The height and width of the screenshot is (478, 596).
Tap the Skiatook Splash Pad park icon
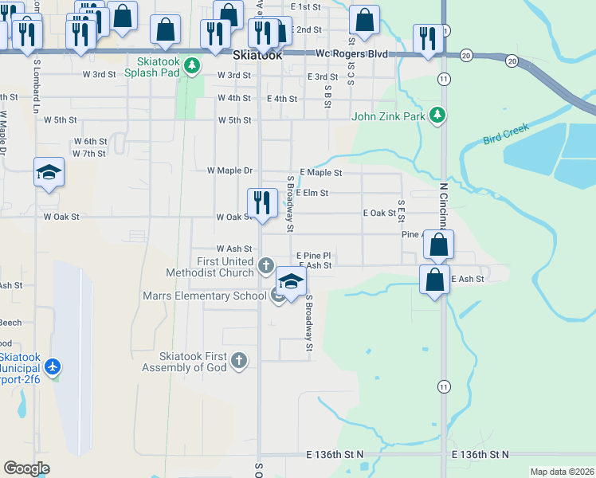[x=191, y=65]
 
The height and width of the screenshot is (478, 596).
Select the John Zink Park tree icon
[x=437, y=116]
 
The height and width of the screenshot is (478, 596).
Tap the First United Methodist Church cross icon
[x=266, y=264]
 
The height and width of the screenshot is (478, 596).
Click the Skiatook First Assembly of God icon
[x=237, y=361]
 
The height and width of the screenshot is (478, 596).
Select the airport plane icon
[x=53, y=367]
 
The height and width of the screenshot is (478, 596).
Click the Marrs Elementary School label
[x=204, y=296]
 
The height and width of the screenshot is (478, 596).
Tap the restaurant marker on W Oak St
[x=262, y=203]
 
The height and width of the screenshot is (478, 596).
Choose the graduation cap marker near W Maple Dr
[x=49, y=171]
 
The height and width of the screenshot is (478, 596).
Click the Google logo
[x=26, y=468]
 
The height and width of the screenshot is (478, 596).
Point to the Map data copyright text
[x=562, y=472]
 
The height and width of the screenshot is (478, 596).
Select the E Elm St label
[x=312, y=193]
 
